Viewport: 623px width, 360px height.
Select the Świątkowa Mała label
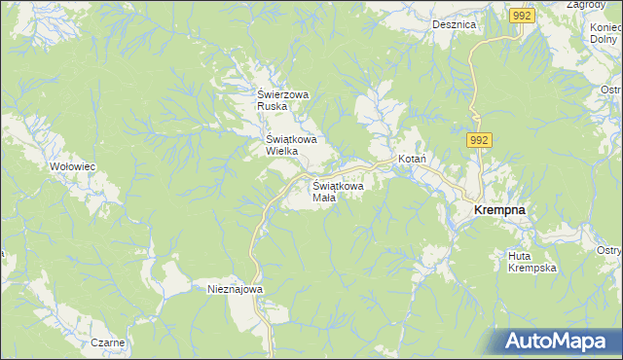click(x=338, y=191)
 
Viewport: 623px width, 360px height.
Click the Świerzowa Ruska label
click(x=282, y=100)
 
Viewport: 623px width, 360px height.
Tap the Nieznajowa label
click(x=236, y=289)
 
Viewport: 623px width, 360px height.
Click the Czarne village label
click(x=108, y=342)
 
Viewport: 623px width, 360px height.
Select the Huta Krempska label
click(x=531, y=262)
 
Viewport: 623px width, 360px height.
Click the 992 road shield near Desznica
click(x=521, y=16)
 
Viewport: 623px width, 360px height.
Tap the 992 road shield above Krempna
click(x=477, y=141)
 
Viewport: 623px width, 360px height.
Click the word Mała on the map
click(x=324, y=198)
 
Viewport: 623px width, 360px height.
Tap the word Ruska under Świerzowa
click(x=272, y=107)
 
